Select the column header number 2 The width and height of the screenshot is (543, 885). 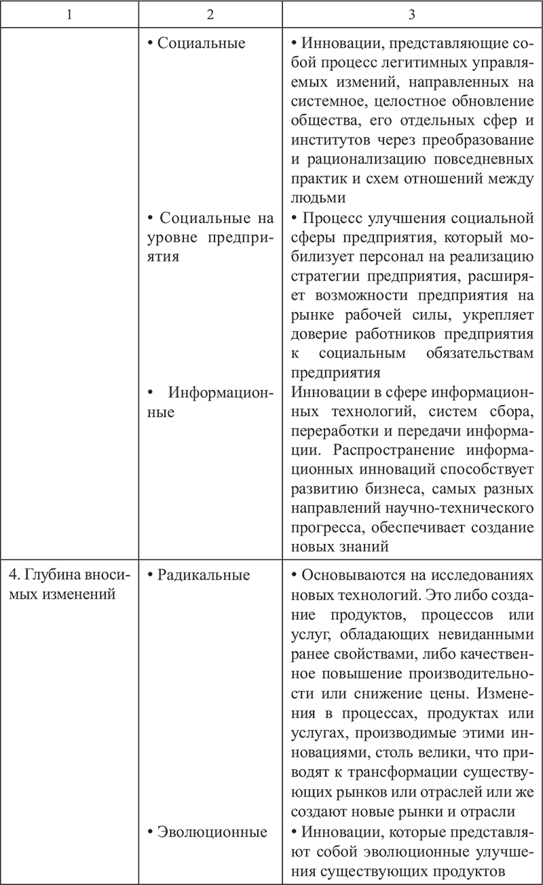(210, 14)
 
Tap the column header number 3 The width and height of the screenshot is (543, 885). (412, 14)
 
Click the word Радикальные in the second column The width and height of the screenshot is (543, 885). (203, 575)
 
